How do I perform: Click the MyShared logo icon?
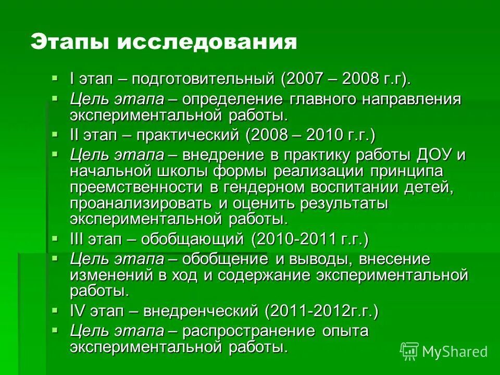click(409, 352)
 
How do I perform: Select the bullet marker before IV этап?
click(56, 310)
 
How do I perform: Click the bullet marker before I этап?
click(56, 78)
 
